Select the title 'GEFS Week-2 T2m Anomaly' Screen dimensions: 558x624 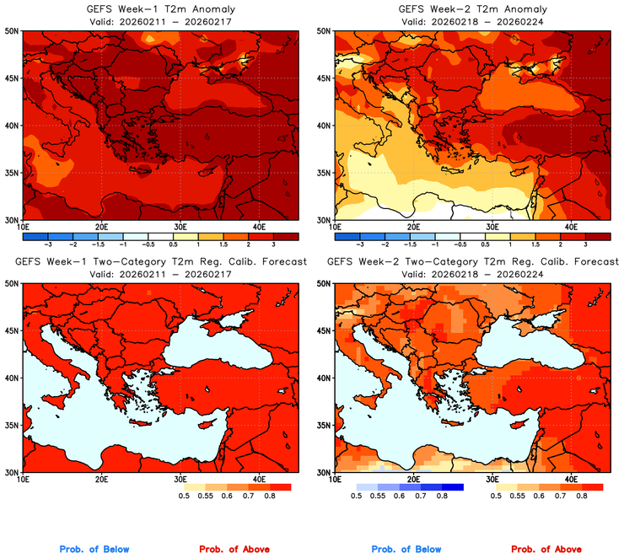point(471,9)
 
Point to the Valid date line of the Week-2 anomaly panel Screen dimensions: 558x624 point(471,21)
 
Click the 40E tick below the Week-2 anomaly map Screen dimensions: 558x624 point(571,227)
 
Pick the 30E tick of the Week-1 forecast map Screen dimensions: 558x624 point(180,479)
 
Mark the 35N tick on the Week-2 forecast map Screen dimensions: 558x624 point(324,425)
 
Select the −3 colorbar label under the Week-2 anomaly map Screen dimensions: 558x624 point(360,244)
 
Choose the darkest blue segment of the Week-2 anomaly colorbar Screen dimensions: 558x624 point(347,235)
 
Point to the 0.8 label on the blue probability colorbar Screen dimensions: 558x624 point(442,496)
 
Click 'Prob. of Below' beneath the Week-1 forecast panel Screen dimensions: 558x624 point(94,549)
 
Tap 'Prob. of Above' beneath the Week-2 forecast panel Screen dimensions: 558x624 point(549,549)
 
